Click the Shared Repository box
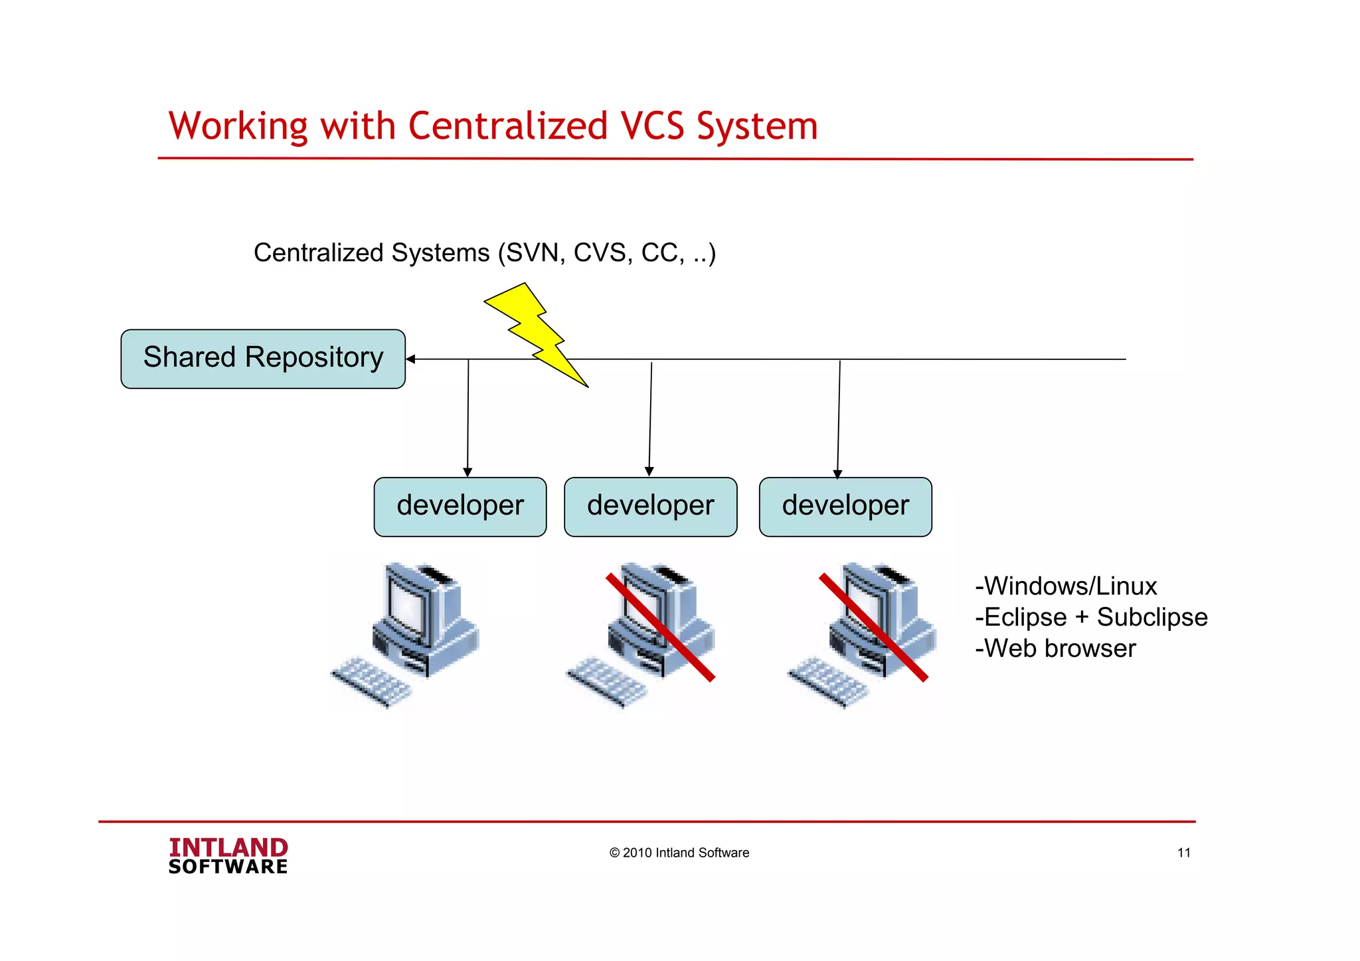pos(263,359)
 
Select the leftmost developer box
pos(460,507)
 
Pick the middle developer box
pos(650,507)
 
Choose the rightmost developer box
pos(845,507)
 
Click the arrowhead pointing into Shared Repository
pos(411,359)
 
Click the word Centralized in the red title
pos(507,126)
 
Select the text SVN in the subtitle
pos(535,253)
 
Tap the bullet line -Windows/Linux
pos(1066,586)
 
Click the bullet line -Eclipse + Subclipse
pos(1091,618)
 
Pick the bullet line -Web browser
pos(1055,649)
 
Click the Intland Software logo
pos(228,856)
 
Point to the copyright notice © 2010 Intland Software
pos(679,853)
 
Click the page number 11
pos(1183,853)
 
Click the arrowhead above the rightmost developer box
pos(837,474)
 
